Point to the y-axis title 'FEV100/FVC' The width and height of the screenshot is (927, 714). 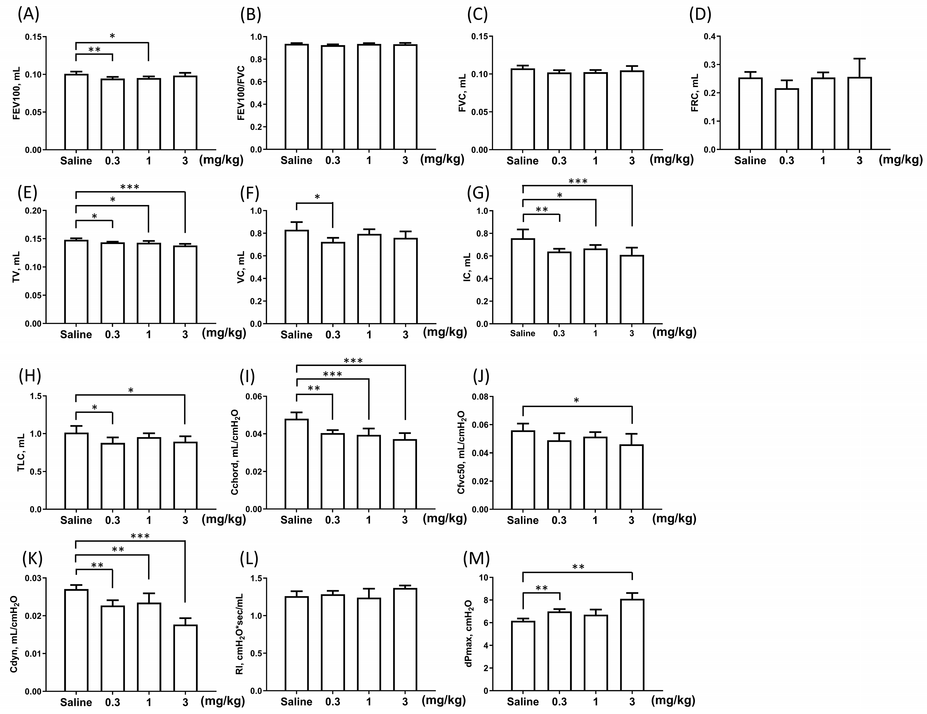[x=241, y=93]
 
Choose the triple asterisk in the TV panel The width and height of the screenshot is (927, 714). [x=130, y=187]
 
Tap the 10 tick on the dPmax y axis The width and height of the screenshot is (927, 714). [x=483, y=578]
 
